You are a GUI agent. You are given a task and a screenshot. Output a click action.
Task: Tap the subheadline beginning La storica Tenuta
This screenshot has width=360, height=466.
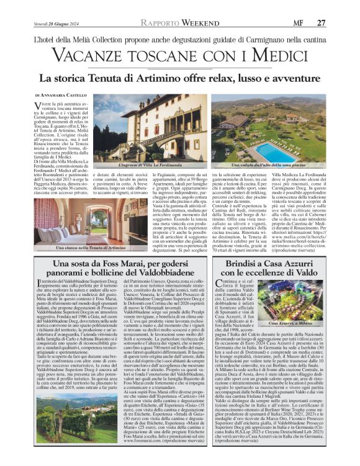coord(179,79)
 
